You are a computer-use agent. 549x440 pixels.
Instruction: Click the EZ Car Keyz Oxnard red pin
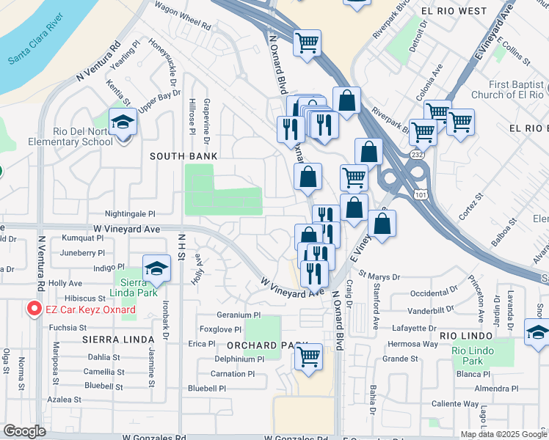pos(33,309)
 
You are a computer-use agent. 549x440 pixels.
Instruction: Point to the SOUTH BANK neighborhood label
pos(183,156)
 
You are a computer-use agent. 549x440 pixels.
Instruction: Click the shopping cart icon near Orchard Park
pos(309,356)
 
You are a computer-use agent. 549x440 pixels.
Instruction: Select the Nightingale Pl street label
pos(131,214)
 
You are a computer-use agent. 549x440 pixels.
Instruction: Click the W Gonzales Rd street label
pos(153,437)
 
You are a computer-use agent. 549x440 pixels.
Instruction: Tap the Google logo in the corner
pos(24,430)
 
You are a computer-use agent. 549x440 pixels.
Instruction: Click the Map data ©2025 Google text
pos(503,434)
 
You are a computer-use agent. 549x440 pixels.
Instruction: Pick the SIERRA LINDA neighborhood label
pos(118,339)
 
